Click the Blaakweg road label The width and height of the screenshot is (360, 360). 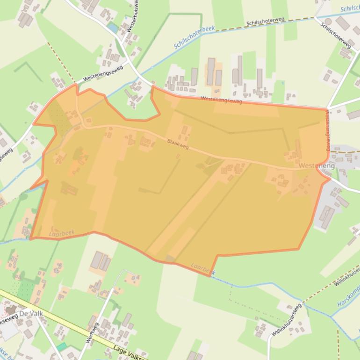tap(178, 145)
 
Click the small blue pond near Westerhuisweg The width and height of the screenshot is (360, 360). tap(112, 28)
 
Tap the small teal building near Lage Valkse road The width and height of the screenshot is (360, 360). tap(62, 346)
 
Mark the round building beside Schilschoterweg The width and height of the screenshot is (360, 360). tap(328, 22)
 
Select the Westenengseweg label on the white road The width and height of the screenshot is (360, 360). tap(102, 74)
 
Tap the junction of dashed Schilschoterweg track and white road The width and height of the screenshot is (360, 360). tap(316, 17)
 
